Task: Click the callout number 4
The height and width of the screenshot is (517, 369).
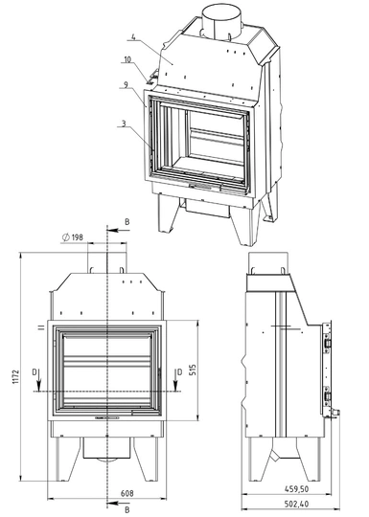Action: click(x=132, y=36)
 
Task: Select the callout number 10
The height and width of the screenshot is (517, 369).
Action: click(x=127, y=59)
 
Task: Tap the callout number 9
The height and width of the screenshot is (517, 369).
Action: click(x=126, y=85)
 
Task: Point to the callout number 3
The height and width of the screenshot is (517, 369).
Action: click(x=124, y=124)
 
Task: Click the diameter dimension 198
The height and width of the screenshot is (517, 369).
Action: click(x=73, y=237)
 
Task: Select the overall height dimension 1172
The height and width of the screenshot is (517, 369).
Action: click(x=16, y=376)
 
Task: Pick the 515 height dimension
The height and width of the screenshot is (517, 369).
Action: click(x=193, y=370)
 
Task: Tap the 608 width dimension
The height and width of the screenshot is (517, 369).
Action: click(x=127, y=493)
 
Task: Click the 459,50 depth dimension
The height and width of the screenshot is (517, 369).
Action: click(x=296, y=489)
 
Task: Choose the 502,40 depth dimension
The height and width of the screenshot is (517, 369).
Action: click(x=296, y=505)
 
